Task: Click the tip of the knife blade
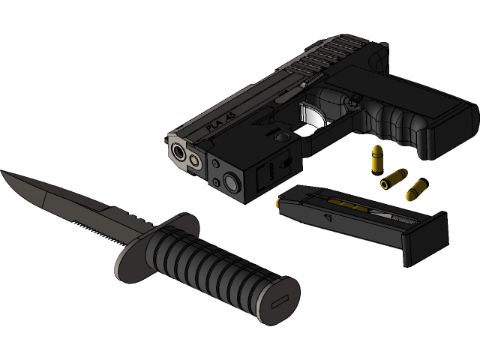4,174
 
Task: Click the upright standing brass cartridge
378,158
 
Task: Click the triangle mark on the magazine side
327,217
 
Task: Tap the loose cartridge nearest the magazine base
415,190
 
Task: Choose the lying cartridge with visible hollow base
394,178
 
